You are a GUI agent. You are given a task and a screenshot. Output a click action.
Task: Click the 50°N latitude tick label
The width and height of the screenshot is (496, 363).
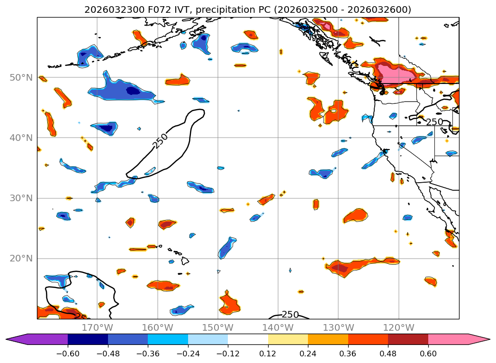(x=22, y=77)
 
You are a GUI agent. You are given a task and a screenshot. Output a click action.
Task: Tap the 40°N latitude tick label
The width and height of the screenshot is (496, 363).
(x=22, y=138)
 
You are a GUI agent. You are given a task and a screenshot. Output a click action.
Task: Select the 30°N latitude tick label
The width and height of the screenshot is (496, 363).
(x=22, y=198)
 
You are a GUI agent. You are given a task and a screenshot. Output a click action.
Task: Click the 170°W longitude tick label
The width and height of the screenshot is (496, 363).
(x=97, y=327)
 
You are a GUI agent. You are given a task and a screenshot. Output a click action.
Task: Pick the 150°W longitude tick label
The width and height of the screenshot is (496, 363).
(x=217, y=327)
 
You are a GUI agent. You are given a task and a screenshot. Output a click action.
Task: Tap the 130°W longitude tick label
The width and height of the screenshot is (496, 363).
(x=338, y=327)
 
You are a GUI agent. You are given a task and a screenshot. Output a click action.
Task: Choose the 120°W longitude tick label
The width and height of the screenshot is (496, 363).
(x=398, y=327)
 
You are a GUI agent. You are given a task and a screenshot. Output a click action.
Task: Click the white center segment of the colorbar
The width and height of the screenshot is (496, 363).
(x=248, y=339)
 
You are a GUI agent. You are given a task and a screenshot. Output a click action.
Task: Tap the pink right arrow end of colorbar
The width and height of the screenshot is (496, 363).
(x=479, y=339)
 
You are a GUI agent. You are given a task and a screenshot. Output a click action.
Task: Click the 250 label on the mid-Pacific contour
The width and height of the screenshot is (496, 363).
(x=161, y=140)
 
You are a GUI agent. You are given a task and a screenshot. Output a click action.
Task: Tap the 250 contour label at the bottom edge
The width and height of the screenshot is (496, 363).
(x=290, y=315)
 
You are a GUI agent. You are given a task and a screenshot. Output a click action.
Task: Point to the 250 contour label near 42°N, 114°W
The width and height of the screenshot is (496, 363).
(x=434, y=122)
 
